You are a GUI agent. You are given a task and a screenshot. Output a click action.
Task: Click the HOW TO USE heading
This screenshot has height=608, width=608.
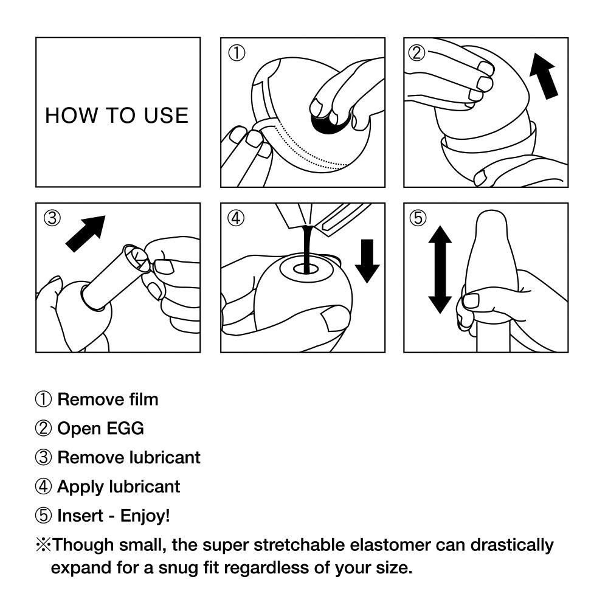click(117, 115)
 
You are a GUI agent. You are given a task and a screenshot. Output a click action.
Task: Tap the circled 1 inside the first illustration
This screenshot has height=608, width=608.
click(236, 53)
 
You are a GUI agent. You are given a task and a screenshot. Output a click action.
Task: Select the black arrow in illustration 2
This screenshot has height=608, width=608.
click(544, 75)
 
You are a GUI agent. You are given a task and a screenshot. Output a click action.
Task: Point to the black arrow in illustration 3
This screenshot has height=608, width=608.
click(85, 233)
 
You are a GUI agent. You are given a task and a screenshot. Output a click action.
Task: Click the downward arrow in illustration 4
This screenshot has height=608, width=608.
click(367, 260)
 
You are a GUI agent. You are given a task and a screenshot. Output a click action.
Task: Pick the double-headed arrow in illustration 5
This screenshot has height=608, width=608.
click(440, 269)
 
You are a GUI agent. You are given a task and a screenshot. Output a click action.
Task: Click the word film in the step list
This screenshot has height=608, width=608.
click(144, 399)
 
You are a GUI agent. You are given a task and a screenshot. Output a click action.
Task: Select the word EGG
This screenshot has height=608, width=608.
click(125, 429)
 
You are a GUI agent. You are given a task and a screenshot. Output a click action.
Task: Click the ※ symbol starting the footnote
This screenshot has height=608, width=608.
click(43, 544)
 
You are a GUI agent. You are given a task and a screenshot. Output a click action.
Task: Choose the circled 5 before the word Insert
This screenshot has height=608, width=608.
click(43, 516)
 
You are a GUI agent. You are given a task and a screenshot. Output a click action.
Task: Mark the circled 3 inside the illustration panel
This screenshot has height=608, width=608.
click(52, 218)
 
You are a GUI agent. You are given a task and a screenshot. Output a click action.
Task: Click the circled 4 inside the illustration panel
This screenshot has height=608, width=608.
click(236, 218)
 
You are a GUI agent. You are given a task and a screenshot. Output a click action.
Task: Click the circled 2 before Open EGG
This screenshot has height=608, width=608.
click(43, 429)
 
